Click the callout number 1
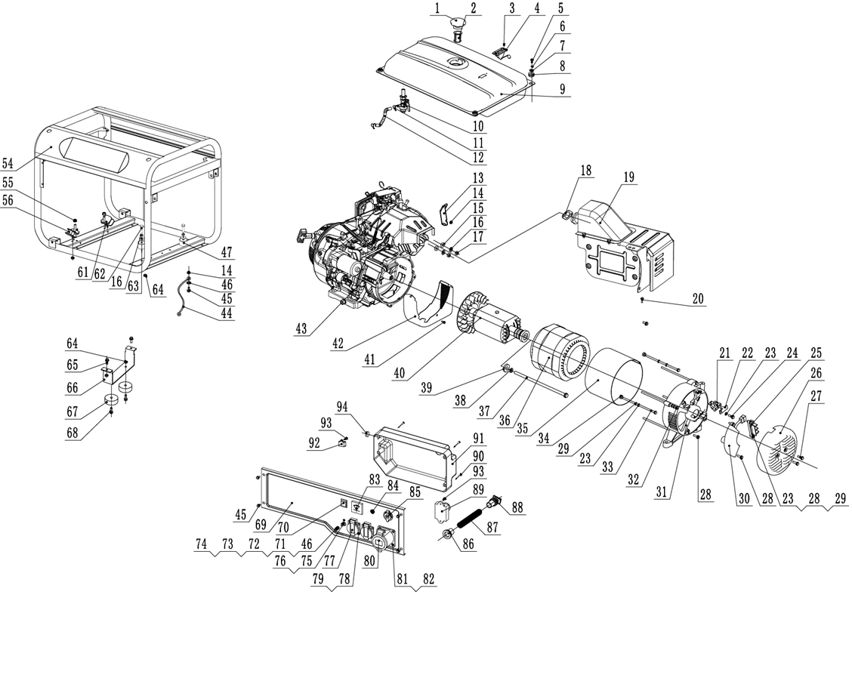click(x=437, y=9)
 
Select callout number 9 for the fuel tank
click(x=562, y=88)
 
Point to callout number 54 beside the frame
click(x=8, y=164)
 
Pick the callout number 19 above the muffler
click(x=629, y=177)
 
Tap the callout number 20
click(x=697, y=300)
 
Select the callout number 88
click(x=518, y=507)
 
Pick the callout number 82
click(x=429, y=579)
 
